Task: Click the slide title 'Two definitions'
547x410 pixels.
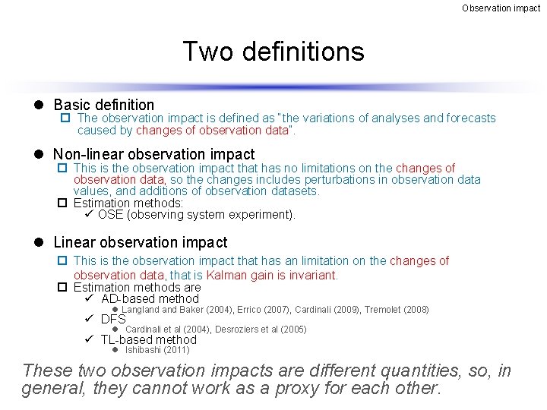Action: point(273,52)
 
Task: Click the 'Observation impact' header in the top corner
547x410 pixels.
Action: point(501,8)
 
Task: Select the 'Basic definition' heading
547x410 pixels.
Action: point(103,105)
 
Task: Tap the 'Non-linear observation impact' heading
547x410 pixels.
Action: point(154,155)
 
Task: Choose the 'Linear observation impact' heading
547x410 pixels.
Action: point(140,242)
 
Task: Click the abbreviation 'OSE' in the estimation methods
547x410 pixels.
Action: point(111,214)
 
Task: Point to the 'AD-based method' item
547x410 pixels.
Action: point(150,299)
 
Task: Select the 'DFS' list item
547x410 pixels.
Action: point(113,319)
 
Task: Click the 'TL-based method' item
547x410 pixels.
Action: point(148,339)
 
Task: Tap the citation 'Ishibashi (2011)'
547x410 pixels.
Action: point(157,350)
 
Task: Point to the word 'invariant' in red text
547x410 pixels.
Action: point(311,275)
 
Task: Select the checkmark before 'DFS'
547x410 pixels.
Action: point(89,319)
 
